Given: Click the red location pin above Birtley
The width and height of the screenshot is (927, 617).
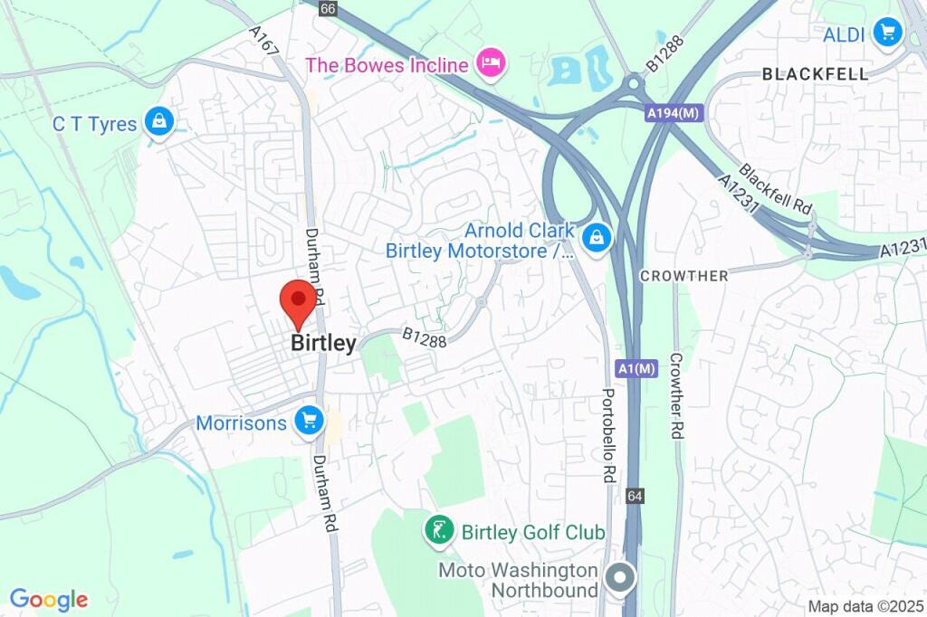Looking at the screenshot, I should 298,301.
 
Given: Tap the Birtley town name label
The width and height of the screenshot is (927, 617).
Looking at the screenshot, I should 323,344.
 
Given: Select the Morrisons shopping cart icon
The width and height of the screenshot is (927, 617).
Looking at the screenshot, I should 310,422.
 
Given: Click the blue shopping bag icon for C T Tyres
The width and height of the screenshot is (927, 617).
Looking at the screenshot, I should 159,122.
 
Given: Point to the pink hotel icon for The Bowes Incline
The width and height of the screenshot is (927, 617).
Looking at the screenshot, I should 494,64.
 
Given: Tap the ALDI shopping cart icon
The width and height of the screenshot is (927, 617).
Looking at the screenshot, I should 886,33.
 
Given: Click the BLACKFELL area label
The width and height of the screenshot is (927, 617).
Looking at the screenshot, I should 815,74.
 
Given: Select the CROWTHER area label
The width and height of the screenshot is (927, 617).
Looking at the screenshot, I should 683,275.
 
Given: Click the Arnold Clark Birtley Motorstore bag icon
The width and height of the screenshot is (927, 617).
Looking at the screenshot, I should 597,239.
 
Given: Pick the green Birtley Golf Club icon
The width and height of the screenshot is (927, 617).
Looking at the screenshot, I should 440,531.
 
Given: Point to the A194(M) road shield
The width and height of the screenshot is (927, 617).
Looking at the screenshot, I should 674,114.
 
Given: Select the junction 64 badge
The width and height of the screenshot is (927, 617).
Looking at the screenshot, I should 636,497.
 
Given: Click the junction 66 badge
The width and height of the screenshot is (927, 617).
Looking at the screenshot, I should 327,8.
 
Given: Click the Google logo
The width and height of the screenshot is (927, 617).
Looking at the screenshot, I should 49,599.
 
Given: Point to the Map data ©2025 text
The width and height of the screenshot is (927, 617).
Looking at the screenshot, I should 865,606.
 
